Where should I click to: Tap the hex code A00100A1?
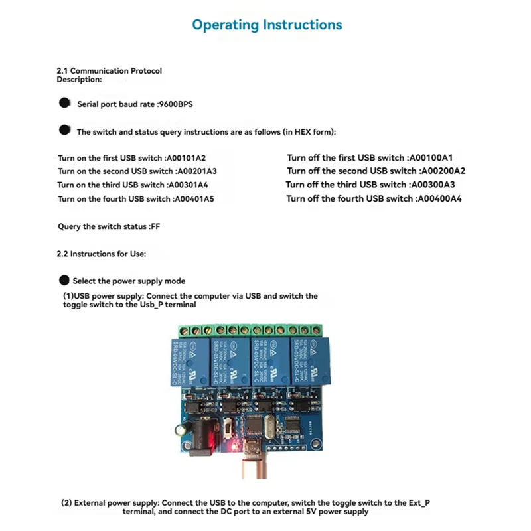point(430,158)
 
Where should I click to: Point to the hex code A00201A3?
point(196,171)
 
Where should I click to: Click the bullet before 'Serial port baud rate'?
point(65,103)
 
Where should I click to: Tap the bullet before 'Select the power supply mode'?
point(64,280)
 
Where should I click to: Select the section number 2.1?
point(62,70)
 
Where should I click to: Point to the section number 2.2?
point(62,254)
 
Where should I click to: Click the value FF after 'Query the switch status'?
point(155,226)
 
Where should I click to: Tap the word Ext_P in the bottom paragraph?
point(418,503)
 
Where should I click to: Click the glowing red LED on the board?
point(232,445)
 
